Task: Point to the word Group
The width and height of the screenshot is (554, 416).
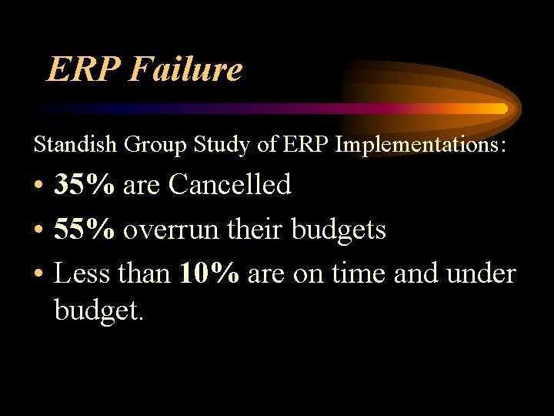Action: click(144, 144)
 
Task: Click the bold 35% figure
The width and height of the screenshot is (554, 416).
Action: click(85, 185)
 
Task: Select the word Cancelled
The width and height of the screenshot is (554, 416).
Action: click(230, 185)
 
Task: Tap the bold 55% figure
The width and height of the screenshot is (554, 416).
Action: click(85, 229)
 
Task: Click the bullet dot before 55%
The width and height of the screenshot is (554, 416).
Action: click(38, 230)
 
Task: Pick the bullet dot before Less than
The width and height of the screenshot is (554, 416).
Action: click(38, 274)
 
